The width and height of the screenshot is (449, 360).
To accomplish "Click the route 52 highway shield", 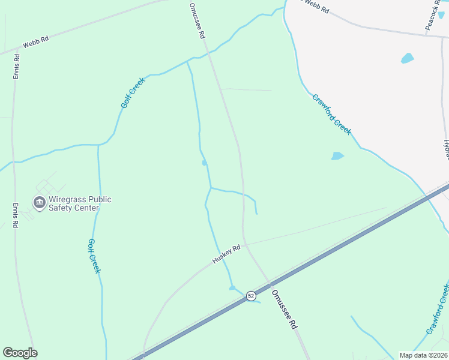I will (x=251, y=296).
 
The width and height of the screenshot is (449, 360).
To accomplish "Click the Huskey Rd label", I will (x=226, y=254).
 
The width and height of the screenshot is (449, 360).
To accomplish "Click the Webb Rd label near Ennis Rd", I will (x=35, y=42).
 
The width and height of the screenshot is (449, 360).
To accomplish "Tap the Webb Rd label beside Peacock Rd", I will (x=317, y=7).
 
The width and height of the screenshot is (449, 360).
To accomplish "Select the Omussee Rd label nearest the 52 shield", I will (x=284, y=308).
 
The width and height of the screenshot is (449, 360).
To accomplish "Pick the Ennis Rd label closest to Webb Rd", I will (x=16, y=67).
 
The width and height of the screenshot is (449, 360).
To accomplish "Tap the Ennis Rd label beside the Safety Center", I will (x=16, y=215).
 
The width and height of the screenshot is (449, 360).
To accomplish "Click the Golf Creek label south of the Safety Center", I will (x=94, y=256).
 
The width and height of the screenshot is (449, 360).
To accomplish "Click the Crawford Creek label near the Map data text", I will (x=438, y=309).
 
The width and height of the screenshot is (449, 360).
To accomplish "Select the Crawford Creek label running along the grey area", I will (x=331, y=114).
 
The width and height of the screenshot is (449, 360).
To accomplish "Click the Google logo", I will (x=20, y=352).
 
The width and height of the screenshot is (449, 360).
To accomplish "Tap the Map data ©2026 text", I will (x=423, y=355).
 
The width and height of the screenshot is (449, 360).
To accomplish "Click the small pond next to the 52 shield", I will (x=233, y=287).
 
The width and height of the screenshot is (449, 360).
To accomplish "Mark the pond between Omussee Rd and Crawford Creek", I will (x=337, y=156).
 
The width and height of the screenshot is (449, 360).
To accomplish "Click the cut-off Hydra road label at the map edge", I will (x=446, y=150).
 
